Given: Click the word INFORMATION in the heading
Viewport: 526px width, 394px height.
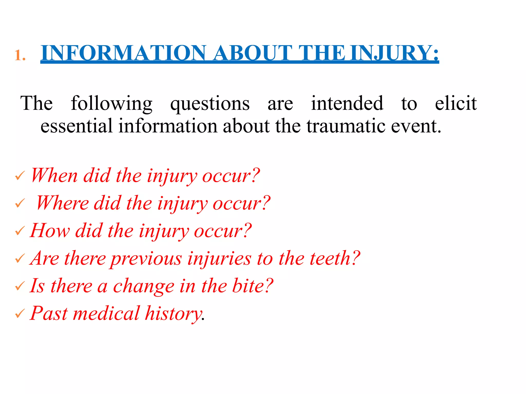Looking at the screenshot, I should click(123, 53).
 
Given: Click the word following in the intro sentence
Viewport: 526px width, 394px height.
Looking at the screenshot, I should click(111, 103).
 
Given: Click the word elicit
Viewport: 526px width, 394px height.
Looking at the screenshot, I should click(456, 103).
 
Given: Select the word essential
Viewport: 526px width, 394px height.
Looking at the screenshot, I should click(77, 126).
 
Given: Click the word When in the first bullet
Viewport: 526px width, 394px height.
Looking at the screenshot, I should click(54, 175).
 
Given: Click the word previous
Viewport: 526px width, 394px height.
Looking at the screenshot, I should click(146, 259).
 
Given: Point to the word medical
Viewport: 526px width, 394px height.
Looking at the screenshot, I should click(106, 313).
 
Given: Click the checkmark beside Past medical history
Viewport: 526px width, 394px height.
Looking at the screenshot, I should click(20, 313).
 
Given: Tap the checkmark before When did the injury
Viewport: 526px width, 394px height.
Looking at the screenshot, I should click(20, 176).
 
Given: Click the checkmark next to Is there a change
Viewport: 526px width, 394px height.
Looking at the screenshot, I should click(20, 286).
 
